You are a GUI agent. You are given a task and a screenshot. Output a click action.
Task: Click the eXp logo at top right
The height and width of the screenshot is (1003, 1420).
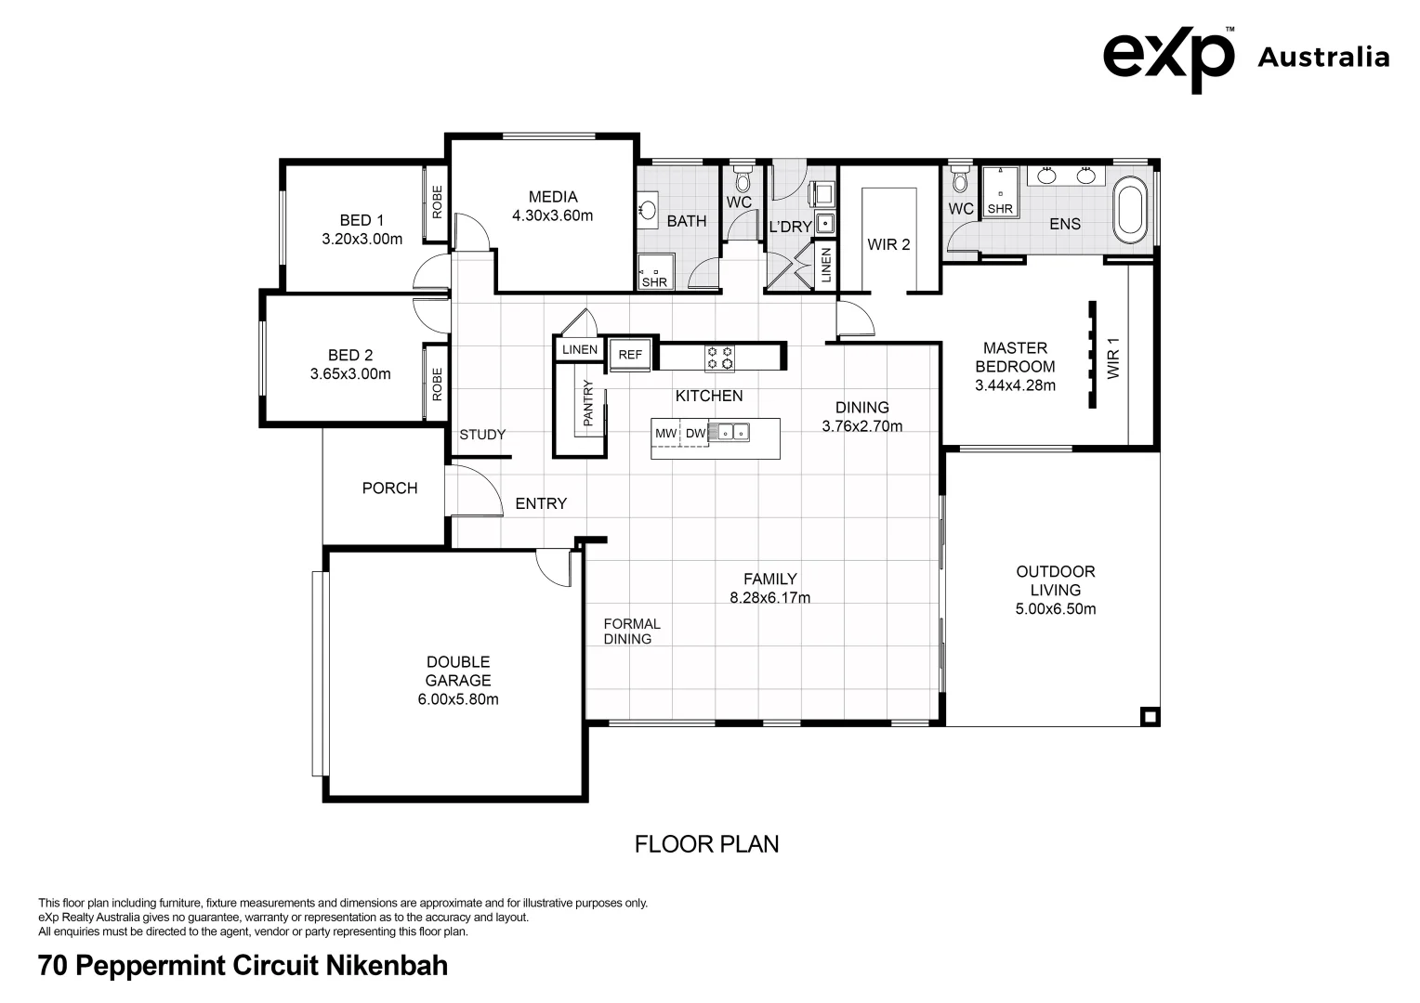click(x=1168, y=58)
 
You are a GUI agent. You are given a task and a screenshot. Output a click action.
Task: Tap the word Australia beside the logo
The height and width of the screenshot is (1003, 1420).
click(x=1322, y=58)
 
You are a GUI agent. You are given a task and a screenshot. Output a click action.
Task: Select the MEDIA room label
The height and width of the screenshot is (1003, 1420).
click(x=553, y=197)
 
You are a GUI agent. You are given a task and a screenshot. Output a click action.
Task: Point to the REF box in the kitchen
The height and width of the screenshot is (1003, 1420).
click(x=630, y=355)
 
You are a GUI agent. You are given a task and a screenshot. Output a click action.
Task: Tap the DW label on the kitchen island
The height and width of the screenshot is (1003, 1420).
click(x=695, y=434)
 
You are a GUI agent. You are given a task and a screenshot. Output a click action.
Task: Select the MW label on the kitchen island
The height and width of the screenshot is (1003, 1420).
click(x=665, y=434)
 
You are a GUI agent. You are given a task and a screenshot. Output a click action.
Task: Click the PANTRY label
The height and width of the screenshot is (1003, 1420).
click(x=587, y=403)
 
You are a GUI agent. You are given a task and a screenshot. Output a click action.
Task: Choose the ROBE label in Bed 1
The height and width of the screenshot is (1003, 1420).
click(x=437, y=202)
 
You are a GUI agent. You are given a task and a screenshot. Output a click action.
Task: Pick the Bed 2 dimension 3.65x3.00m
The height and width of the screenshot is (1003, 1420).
click(x=350, y=374)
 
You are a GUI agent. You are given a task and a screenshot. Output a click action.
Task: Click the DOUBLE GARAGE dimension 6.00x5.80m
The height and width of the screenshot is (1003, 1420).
click(x=458, y=699)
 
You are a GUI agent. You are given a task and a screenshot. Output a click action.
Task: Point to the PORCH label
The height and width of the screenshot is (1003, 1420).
click(x=389, y=488)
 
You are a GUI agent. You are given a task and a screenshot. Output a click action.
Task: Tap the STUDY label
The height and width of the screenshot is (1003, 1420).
click(x=482, y=435)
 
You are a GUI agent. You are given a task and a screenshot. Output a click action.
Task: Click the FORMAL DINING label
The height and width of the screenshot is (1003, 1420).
click(x=632, y=632)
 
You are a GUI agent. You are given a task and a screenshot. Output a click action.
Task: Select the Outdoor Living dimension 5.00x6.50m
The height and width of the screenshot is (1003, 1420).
click(x=1056, y=609)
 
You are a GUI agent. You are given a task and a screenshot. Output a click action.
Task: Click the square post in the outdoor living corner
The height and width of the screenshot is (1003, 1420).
click(x=1150, y=716)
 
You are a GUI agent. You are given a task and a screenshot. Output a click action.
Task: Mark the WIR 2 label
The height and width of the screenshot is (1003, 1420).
click(x=888, y=244)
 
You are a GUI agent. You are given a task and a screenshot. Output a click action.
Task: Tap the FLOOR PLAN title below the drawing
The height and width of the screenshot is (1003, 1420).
click(x=706, y=844)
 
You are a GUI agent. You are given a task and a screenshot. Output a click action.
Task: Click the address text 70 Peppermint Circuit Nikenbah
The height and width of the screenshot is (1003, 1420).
click(x=243, y=966)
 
